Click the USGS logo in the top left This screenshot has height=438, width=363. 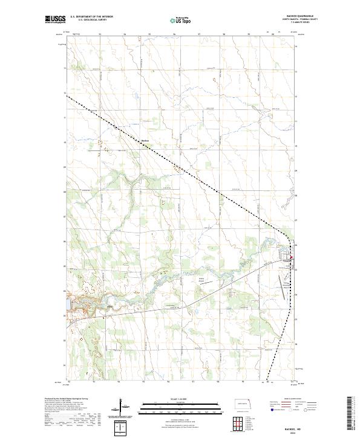[x=54, y=19]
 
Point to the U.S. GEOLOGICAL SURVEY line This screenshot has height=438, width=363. [x=91, y=20]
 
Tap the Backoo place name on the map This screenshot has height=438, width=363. [x=145, y=142]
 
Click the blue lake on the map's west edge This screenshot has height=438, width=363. [x=68, y=300]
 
